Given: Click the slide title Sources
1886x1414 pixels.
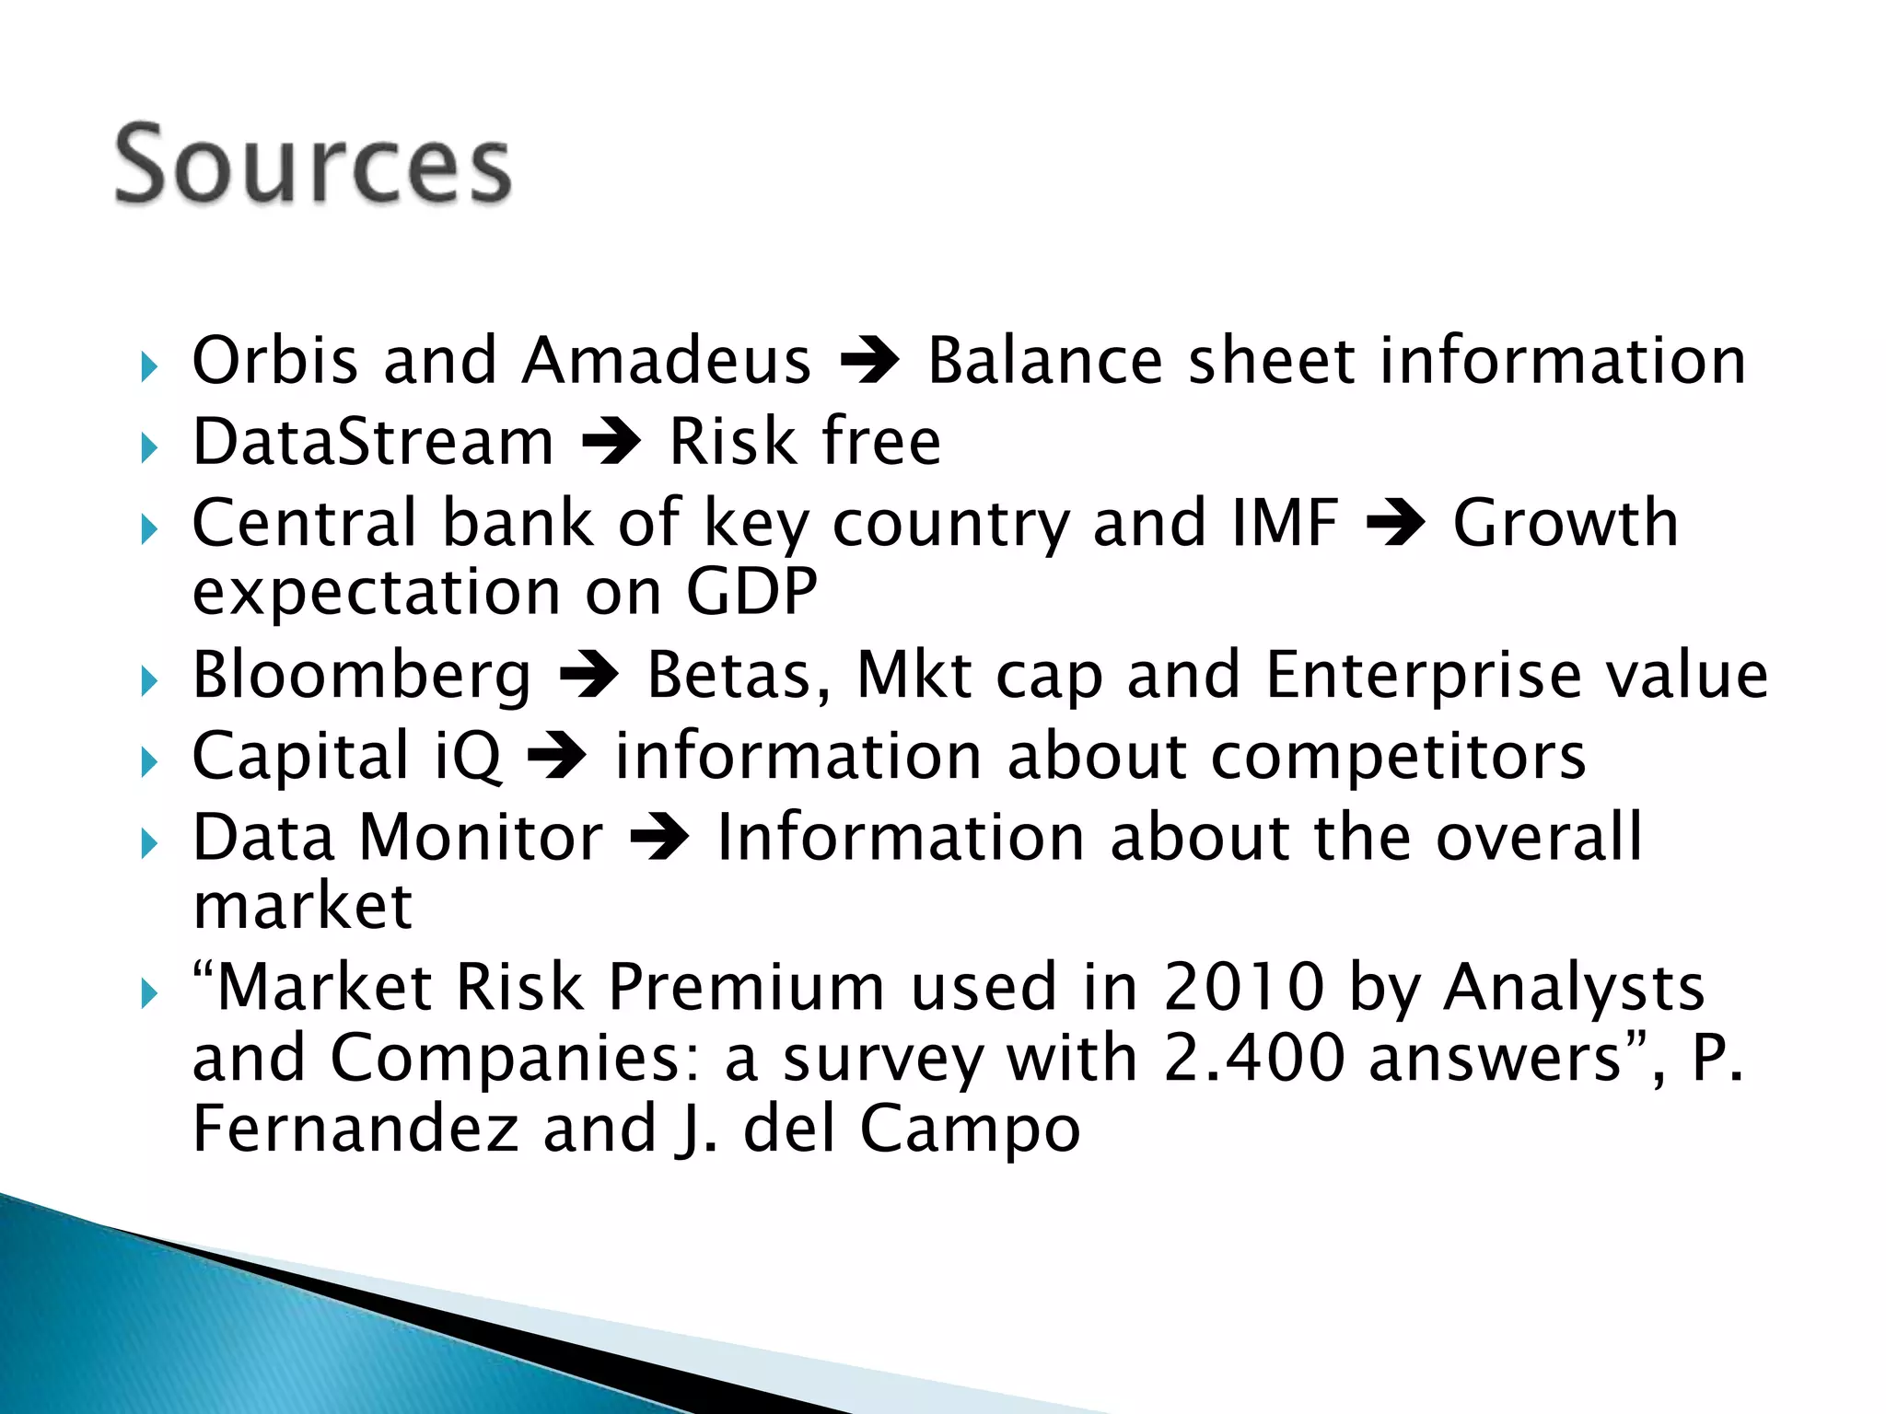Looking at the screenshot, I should (312, 166).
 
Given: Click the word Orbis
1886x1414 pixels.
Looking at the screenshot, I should (274, 360).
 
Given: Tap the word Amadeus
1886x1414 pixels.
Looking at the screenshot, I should (666, 360).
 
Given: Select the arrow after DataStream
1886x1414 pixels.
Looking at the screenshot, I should (611, 442).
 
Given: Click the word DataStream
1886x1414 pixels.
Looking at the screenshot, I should (373, 442).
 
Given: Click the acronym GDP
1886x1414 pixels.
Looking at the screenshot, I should (751, 591).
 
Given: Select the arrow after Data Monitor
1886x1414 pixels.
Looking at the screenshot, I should (659, 839).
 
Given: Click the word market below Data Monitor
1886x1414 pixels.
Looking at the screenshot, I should (302, 907).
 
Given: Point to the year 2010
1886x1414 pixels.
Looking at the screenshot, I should (1243, 988).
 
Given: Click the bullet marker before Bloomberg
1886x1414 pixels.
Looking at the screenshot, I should (150, 682).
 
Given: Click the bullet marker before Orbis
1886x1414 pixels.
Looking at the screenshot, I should (150, 367).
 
